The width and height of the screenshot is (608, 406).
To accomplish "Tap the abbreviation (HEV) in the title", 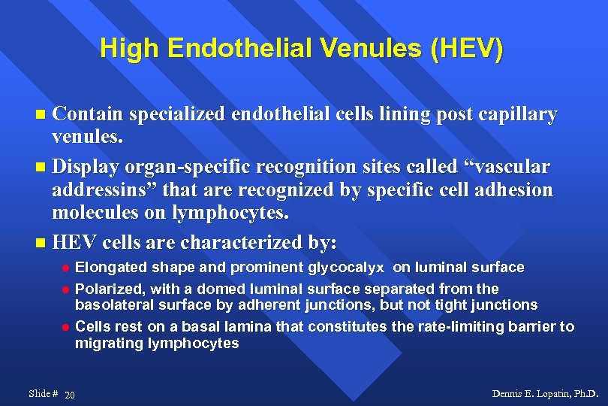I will coord(468,49).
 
